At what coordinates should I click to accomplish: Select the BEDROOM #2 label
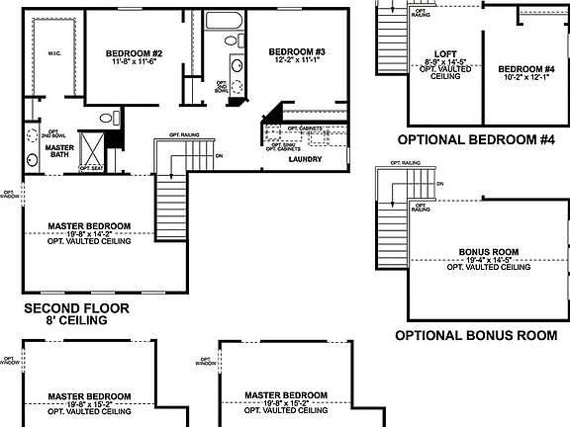(x=134, y=52)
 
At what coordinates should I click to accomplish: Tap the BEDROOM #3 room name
(x=297, y=50)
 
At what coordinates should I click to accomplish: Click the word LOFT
(x=444, y=54)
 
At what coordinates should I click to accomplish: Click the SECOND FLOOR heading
(x=75, y=308)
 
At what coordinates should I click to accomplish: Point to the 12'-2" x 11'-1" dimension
(x=297, y=59)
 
